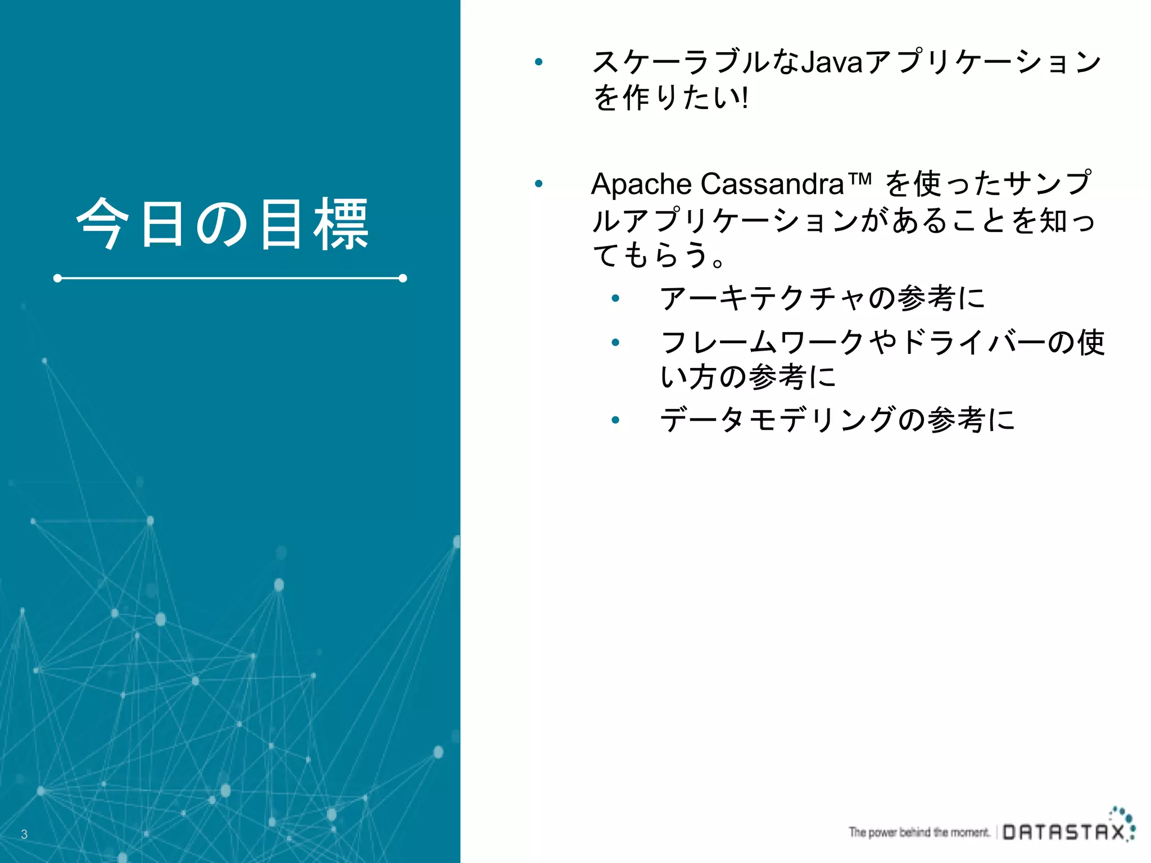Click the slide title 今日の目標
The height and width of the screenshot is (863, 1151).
coord(223,224)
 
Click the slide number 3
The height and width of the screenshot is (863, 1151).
coord(24,834)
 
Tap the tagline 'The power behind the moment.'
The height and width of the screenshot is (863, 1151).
coord(919,832)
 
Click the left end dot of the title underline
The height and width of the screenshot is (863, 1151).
coord(57,278)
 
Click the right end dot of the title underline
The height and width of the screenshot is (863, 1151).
coord(402,278)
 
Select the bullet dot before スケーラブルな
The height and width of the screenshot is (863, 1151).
coord(538,62)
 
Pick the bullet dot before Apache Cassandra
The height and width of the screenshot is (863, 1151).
coord(538,184)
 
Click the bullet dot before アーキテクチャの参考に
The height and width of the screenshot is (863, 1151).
coord(615,298)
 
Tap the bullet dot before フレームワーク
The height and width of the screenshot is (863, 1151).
coord(615,342)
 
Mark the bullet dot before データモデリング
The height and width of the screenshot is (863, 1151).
coord(615,420)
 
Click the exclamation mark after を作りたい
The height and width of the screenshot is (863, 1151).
coord(745,98)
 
